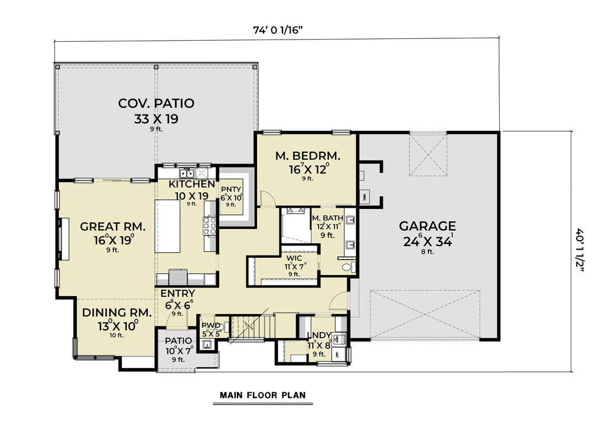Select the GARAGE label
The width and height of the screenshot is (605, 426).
[427, 226]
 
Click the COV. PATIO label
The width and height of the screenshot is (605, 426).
[156, 104]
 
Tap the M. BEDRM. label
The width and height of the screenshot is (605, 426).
[308, 156]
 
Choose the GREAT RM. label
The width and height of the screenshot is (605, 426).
[112, 227]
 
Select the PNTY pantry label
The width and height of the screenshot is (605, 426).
[230, 189]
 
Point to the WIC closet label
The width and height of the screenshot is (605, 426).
[294, 258]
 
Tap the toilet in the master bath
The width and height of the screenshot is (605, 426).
[348, 267]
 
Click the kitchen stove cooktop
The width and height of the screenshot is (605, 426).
[209, 225]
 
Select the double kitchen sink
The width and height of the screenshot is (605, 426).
[188, 173]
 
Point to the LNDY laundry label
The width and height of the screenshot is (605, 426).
[319, 336]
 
